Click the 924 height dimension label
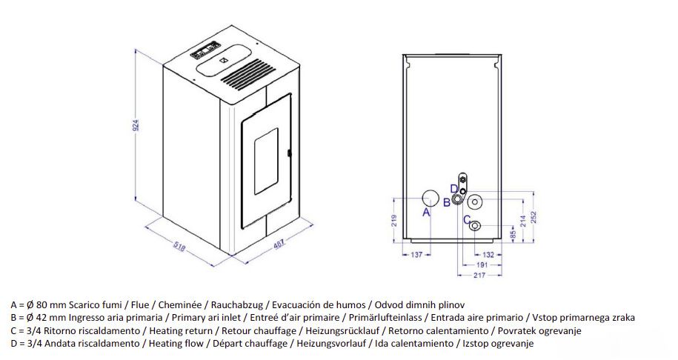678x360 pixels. (x=136, y=124)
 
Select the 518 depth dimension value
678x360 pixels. (x=179, y=247)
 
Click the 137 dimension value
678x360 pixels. (x=416, y=255)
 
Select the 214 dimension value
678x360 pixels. (x=523, y=221)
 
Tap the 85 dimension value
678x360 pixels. (x=514, y=234)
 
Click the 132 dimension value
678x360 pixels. (x=488, y=255)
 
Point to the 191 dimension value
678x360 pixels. (x=482, y=265)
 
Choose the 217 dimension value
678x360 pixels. (x=479, y=275)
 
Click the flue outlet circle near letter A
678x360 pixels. (x=431, y=199)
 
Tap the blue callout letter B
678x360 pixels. (x=447, y=202)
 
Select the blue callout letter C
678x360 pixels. (x=467, y=220)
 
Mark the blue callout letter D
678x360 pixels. (x=454, y=189)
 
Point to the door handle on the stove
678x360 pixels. (x=289, y=153)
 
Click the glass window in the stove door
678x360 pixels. (x=266, y=160)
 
